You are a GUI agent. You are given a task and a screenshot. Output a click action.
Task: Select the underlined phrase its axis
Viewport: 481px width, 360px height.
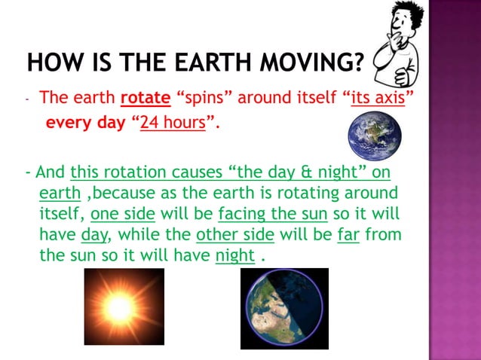377,98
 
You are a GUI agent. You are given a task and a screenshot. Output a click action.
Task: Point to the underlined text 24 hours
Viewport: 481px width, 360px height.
173,122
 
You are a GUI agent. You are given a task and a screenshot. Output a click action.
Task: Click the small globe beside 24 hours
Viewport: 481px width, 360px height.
374,136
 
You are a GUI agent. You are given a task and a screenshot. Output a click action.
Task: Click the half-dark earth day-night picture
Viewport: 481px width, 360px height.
284,309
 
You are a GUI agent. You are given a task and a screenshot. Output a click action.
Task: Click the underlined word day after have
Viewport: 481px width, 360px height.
91,234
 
